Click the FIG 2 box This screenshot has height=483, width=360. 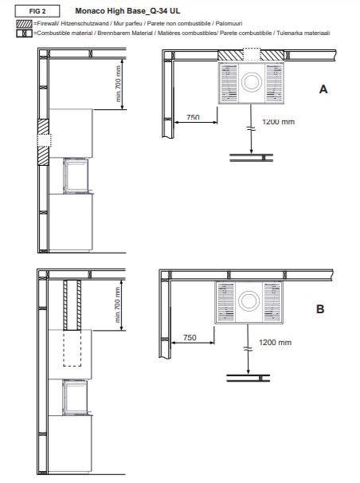[x=37, y=11]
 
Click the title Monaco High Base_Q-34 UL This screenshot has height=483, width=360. [x=127, y=11]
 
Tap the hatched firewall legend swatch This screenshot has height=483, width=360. [x=25, y=24]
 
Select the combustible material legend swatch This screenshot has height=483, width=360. [x=25, y=33]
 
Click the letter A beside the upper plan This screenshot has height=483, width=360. [x=323, y=89]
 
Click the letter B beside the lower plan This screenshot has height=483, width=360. [x=320, y=309]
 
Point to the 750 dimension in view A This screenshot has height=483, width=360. [x=193, y=117]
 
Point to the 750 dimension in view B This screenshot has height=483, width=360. [x=190, y=338]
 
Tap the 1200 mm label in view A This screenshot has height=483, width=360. [x=279, y=122]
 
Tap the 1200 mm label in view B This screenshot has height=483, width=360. [x=275, y=343]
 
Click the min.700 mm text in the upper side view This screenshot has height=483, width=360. [x=118, y=84]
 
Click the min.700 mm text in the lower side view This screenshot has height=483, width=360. [x=118, y=305]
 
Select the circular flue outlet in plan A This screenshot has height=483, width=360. [x=252, y=82]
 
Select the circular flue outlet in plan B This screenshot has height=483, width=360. [x=248, y=300]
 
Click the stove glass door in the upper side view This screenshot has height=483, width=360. [x=76, y=175]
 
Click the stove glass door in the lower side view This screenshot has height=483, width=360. [x=75, y=397]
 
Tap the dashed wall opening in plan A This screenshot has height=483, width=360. [x=252, y=54]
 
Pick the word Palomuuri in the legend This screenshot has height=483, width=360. [x=229, y=23]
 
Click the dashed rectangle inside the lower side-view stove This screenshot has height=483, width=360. [x=72, y=348]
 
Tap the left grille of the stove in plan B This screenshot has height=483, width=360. [x=225, y=302]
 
